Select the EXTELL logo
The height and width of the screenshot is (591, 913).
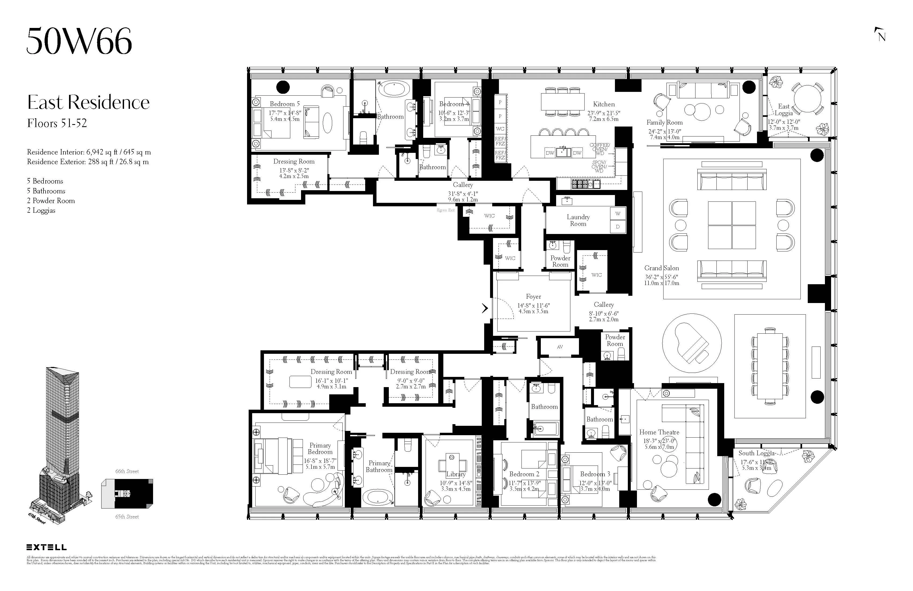(x=46, y=547)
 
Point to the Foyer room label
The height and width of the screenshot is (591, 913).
(x=533, y=297)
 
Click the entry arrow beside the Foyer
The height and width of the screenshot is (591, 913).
(x=485, y=308)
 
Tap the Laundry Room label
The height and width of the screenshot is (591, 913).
(x=578, y=220)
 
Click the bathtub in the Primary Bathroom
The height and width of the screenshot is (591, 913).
(x=378, y=497)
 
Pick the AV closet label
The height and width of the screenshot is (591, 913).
(x=560, y=347)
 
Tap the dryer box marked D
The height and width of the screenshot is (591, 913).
(x=618, y=227)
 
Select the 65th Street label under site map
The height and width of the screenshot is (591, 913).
(x=127, y=517)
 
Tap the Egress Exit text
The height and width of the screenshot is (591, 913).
(x=445, y=210)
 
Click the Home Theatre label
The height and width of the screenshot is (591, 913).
(x=659, y=432)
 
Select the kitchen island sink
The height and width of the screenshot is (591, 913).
(x=563, y=152)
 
